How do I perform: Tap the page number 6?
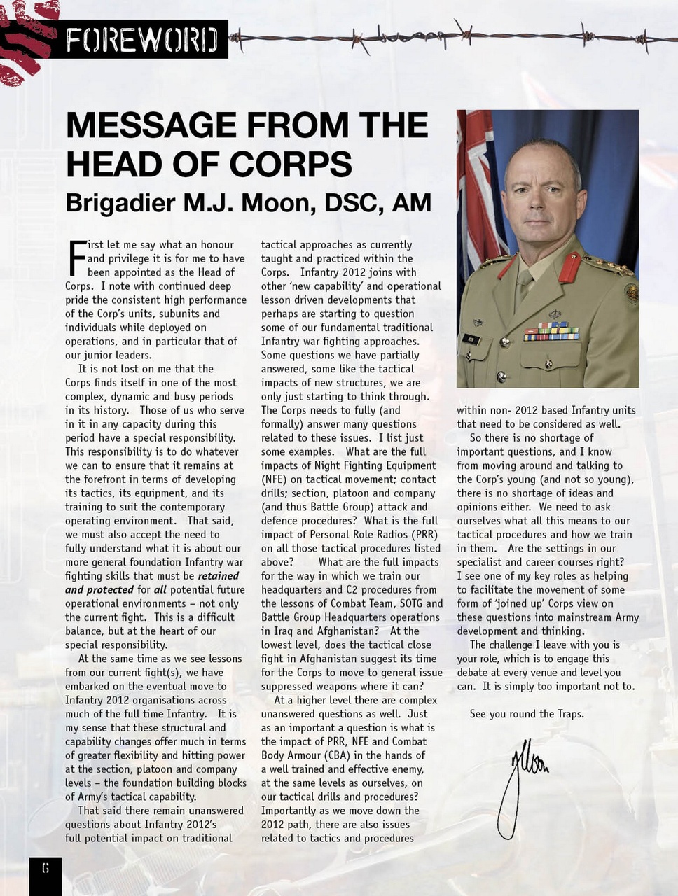coord(46,869)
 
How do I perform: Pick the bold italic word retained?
coord(219,576)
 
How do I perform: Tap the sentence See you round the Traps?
coord(526,714)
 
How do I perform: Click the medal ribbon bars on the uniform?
coord(551,331)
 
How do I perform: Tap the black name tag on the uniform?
coord(471,339)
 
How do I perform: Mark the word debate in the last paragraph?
coord(475,673)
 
